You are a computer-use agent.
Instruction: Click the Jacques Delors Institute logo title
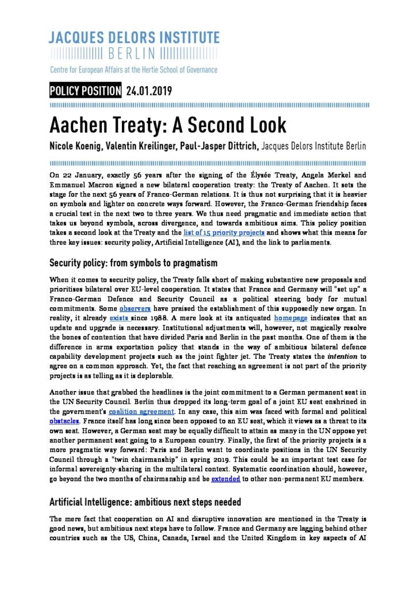134,39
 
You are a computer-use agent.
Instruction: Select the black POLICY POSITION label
86,91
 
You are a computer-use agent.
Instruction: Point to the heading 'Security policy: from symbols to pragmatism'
133,263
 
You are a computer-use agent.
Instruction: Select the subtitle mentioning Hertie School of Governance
133,70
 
